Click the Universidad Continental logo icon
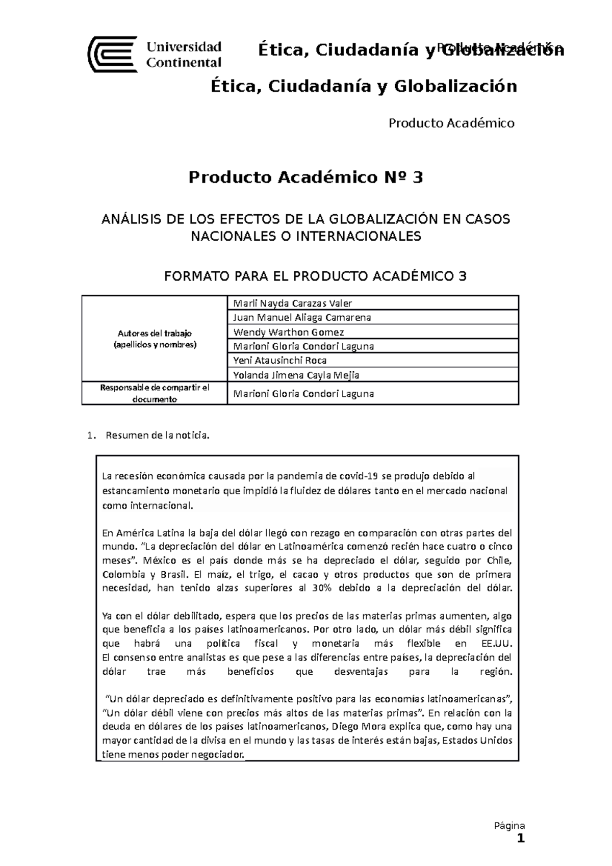pos(113,55)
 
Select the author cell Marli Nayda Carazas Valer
pos(292,303)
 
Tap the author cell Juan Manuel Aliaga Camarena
pos(301,317)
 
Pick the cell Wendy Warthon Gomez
pos(288,332)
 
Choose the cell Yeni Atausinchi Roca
pos(279,360)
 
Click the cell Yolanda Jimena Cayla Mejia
pos(296,375)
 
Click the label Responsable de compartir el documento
pos(155,393)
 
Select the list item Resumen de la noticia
pos(157,436)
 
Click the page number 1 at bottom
pos(521,839)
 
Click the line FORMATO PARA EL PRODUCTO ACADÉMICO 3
pos(315,276)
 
